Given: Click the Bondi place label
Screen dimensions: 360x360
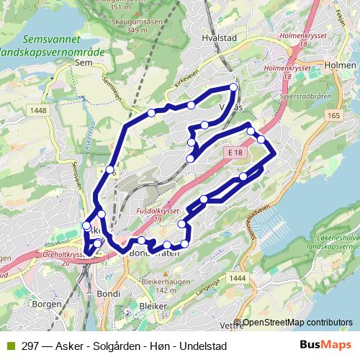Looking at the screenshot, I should click(x=108, y=294).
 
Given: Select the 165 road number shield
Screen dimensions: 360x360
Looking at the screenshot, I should click(x=333, y=114).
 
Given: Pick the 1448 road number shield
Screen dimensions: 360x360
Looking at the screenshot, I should click(x=39, y=110).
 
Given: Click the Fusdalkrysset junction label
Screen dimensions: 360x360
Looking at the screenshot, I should click(x=157, y=212).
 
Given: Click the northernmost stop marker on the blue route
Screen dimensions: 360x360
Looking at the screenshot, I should click(x=233, y=87).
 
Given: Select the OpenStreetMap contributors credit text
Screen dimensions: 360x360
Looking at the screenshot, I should click(x=297, y=323).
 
